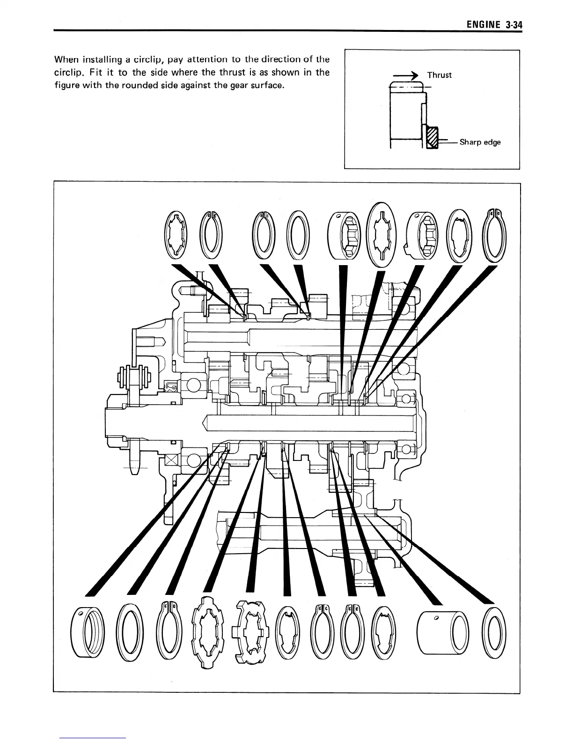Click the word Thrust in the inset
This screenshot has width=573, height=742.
coord(439,75)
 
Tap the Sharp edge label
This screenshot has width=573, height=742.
coord(480,142)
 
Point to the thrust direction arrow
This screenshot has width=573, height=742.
coord(402,75)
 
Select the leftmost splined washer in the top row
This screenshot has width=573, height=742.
coord(176,234)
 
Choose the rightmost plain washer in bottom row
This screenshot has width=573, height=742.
coord(495,632)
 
